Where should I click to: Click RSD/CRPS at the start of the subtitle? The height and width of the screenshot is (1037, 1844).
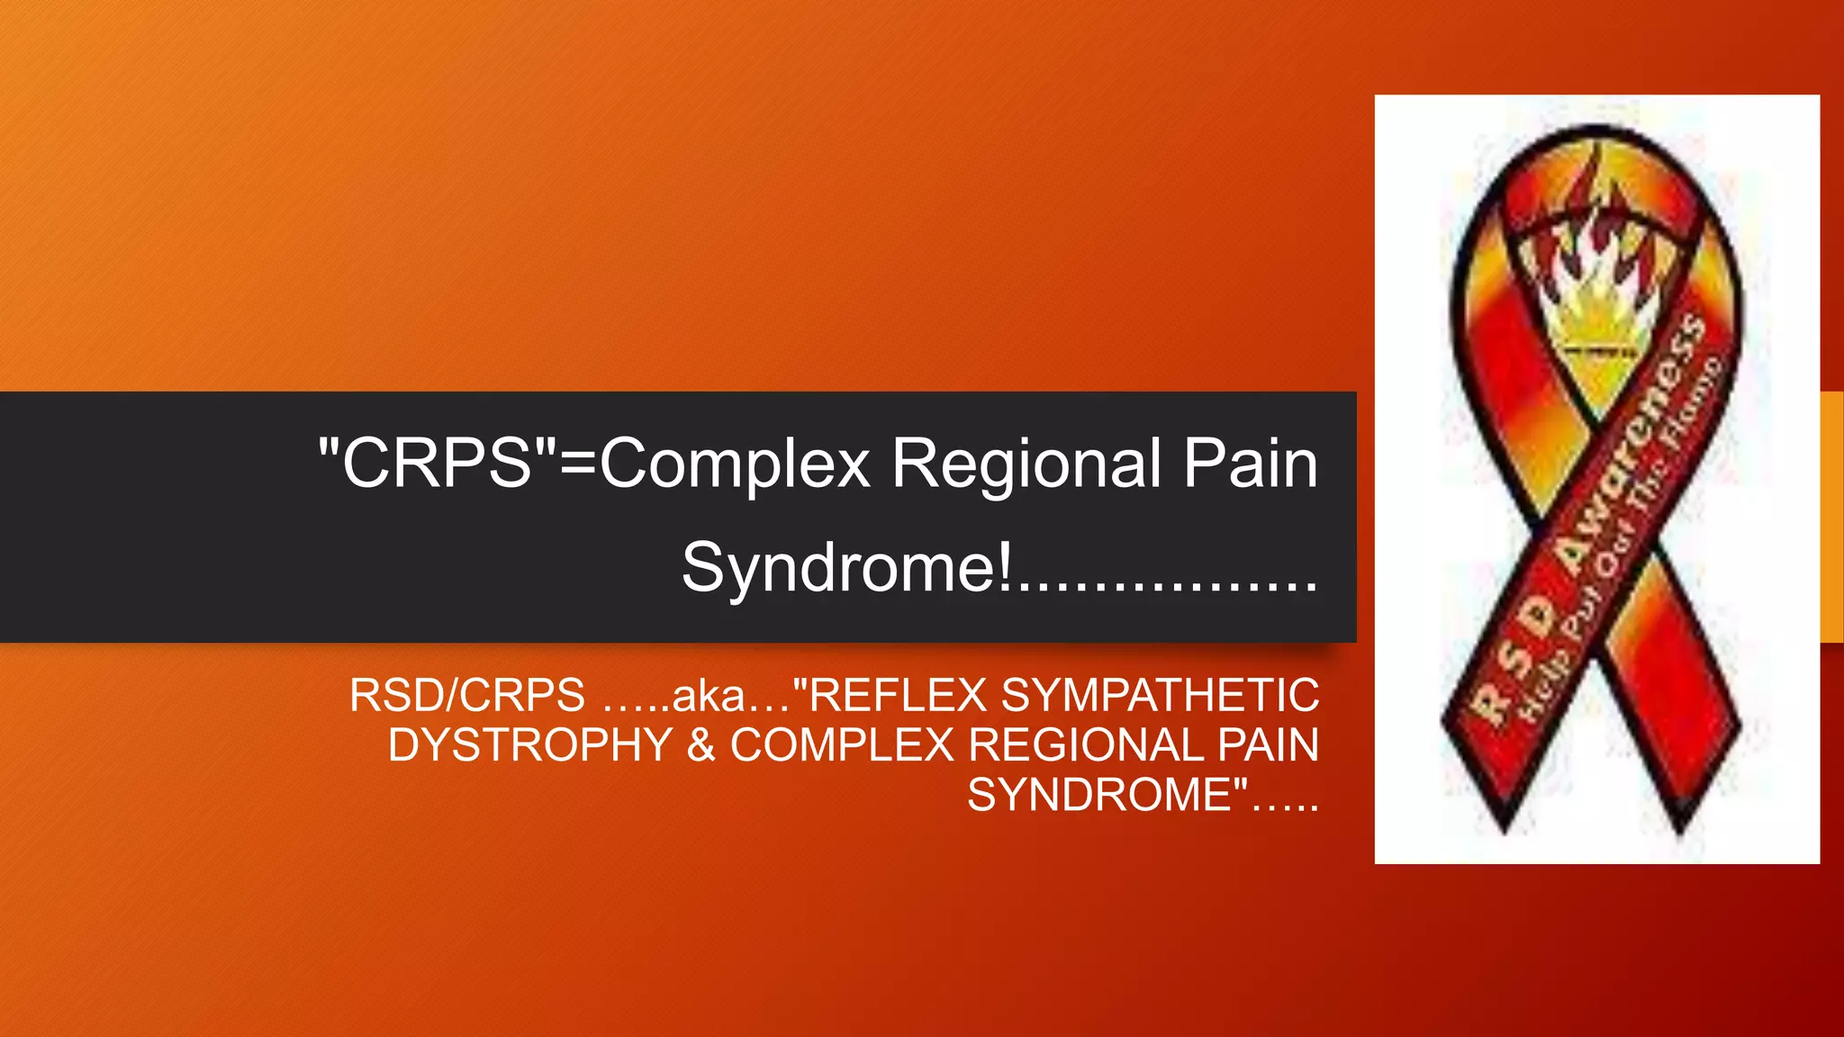(467, 696)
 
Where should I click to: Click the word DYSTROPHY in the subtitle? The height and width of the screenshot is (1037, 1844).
(530, 745)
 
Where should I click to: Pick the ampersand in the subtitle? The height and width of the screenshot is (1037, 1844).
(701, 745)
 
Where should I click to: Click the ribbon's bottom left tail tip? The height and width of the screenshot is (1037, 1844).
(1505, 824)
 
